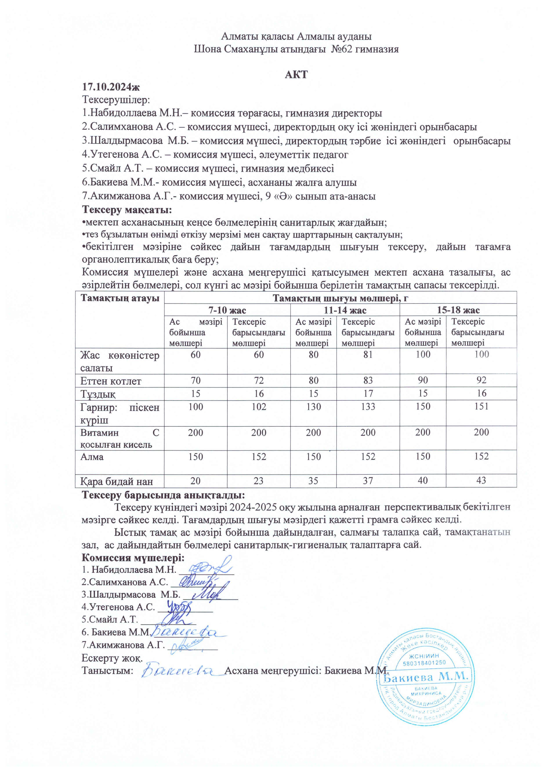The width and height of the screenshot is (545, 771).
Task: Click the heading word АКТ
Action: (x=296, y=75)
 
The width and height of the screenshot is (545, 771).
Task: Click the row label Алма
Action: (x=92, y=457)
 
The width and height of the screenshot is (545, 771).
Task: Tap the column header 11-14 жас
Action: (x=345, y=310)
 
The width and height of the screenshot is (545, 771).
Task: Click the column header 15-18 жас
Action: (x=458, y=310)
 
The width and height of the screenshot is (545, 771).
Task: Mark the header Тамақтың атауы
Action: (x=120, y=298)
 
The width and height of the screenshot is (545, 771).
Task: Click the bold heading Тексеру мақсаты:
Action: (x=127, y=210)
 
